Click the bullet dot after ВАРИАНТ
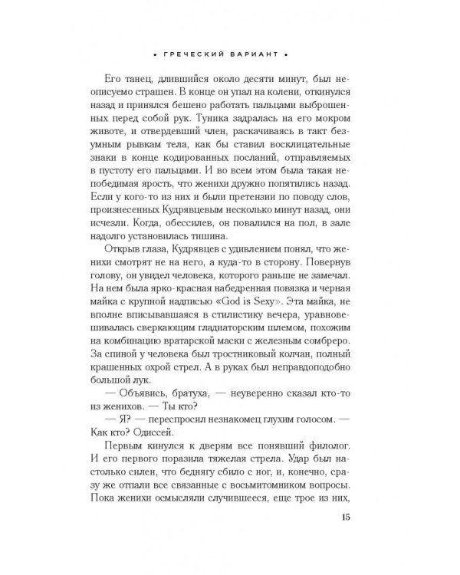(x=285, y=56)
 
